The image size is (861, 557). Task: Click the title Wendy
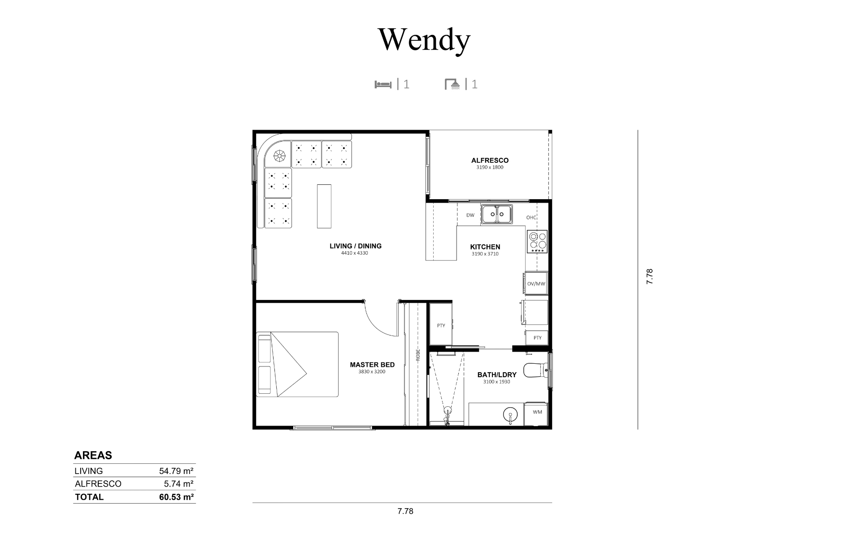pyautogui.click(x=424, y=40)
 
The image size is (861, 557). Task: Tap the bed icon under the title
pyautogui.click(x=383, y=84)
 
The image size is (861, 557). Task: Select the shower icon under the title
pyautogui.click(x=452, y=84)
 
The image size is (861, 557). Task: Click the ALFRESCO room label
pyautogui.click(x=490, y=160)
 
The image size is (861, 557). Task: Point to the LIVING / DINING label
pyautogui.click(x=356, y=246)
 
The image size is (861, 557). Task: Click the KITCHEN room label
pyautogui.click(x=485, y=247)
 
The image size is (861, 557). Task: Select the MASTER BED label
pyautogui.click(x=372, y=365)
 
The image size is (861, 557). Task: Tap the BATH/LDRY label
pyautogui.click(x=497, y=374)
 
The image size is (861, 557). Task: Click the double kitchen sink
pyautogui.click(x=497, y=214)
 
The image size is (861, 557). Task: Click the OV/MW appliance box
pyautogui.click(x=536, y=283)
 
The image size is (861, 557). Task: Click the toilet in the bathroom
pyautogui.click(x=536, y=370)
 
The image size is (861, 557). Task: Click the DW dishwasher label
pyautogui.click(x=470, y=215)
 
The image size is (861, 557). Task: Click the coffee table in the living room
pyautogui.click(x=325, y=206)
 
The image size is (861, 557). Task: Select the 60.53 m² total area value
pyautogui.click(x=176, y=497)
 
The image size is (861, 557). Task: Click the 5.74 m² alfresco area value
pyautogui.click(x=178, y=484)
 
